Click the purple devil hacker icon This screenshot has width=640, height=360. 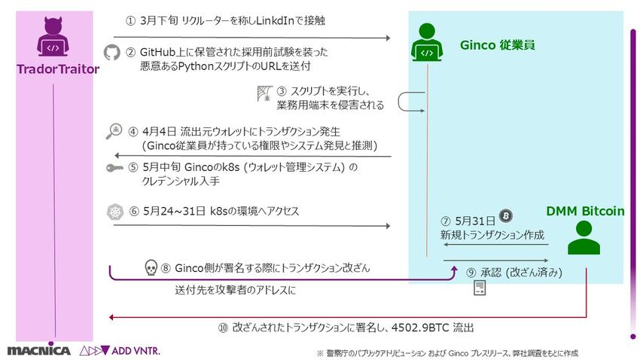coord(53,37)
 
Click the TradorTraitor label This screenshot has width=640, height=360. coord(58,69)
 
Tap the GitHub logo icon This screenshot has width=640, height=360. coord(112,52)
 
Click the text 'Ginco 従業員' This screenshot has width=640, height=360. coord(497,45)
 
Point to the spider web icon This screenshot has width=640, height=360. coord(265,93)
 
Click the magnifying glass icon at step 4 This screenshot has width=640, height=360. coord(114,131)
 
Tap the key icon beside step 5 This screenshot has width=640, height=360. coord(114,167)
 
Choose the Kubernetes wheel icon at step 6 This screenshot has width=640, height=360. coord(115,212)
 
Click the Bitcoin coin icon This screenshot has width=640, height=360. coord(506,215)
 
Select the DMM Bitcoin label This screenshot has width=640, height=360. coord(585,211)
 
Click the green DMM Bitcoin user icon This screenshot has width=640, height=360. coord(584,237)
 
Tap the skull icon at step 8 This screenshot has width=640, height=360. coord(151,268)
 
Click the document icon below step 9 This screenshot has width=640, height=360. coord(480,288)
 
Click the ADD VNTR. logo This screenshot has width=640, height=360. coord(120,350)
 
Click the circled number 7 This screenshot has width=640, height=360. coord(445,221)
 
